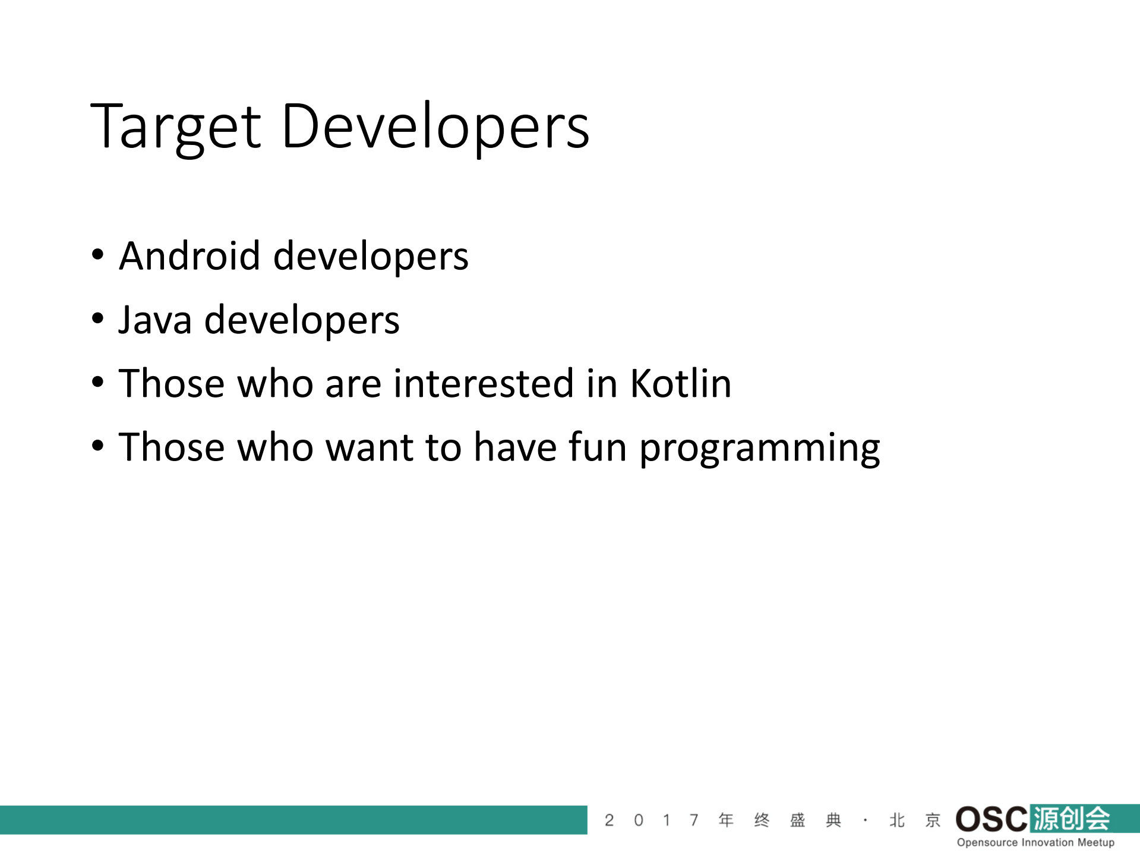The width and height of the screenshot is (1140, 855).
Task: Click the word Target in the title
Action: point(175,127)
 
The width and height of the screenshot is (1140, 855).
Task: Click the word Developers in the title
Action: point(435,127)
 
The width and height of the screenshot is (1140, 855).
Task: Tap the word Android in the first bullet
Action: point(190,256)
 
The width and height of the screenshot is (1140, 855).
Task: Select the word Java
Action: point(154,320)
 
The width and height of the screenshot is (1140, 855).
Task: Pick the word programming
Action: point(760,447)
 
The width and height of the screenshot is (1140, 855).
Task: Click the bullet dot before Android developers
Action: point(98,255)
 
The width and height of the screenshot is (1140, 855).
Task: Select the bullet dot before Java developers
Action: point(98,319)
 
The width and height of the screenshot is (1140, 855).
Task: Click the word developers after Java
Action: point(301,320)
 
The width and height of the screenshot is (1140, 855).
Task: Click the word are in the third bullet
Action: point(353,384)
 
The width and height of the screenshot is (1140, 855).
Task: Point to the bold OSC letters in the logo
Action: point(991,819)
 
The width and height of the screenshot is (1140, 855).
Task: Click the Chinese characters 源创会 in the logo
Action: point(1071,818)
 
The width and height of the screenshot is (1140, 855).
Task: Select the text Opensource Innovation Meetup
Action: point(1035,842)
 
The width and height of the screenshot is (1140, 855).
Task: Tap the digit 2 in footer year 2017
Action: point(609,821)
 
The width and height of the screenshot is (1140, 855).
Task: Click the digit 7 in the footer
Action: point(693,821)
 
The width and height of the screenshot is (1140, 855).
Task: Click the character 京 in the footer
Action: point(933,821)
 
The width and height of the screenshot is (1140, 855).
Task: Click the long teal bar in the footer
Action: point(293,820)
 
